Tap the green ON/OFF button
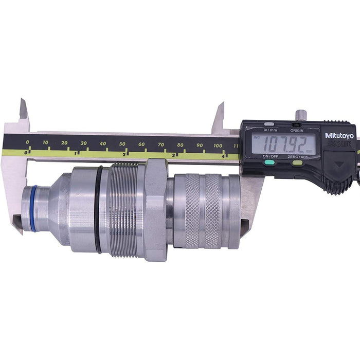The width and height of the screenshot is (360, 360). click(269, 163)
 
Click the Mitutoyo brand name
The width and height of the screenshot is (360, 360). click(339, 135)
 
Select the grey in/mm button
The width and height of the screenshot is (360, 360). click(269, 124)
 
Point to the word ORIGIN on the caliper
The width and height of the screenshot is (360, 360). click(297, 130)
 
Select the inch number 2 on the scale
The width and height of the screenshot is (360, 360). click(125, 153)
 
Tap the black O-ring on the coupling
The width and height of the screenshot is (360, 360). click(98, 208)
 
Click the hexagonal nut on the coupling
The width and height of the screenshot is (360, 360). click(156, 208)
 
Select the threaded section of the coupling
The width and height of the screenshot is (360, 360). click(127, 208)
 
